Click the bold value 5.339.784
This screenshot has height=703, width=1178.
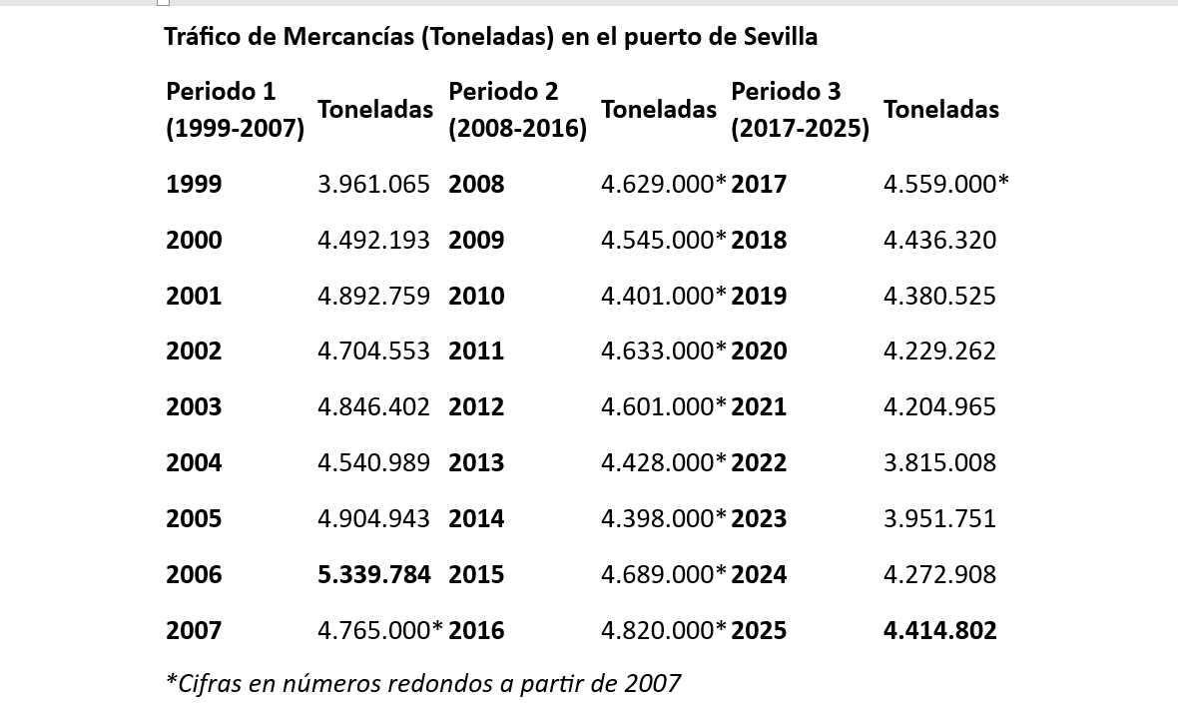tap(374, 574)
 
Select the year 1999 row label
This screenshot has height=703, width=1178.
tap(194, 184)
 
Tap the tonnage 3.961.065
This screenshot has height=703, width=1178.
tap(373, 184)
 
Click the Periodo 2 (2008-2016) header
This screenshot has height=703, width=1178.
tap(517, 109)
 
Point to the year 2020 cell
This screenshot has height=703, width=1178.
tap(759, 351)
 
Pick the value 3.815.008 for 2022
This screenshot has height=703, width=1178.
tap(939, 462)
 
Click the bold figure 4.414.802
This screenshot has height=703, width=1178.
tap(939, 630)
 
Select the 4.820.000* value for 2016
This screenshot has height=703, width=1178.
tap(664, 630)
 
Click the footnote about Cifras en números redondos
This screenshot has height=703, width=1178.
tap(422, 683)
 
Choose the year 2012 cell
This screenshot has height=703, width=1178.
tap(476, 406)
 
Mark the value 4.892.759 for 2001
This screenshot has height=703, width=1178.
tap(373, 296)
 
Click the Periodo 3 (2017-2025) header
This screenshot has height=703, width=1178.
tap(800, 109)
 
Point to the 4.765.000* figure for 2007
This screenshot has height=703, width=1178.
tap(380, 630)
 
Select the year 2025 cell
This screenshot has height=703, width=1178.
tap(759, 630)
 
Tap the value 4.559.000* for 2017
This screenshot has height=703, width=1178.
tap(946, 184)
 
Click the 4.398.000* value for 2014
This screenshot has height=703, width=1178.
tap(664, 518)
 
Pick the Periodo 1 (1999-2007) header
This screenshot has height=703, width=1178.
tap(235, 109)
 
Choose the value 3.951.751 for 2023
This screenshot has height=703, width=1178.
tap(939, 518)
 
